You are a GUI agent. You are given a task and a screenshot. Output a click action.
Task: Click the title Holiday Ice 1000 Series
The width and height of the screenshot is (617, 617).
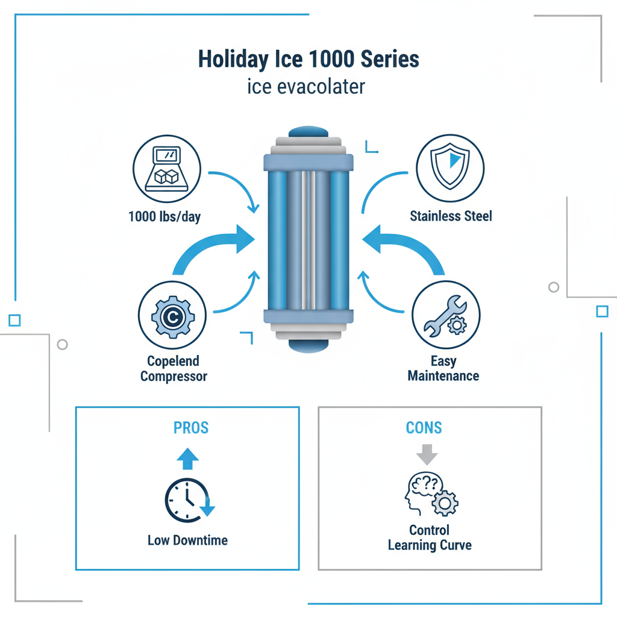click(308, 60)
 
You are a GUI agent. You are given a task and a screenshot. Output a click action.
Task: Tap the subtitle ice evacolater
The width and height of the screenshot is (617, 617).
click(306, 87)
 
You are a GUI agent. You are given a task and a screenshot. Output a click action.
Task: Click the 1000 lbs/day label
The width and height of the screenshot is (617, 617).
click(164, 216)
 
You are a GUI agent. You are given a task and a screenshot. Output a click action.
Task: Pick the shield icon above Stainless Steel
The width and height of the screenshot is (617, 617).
click(450, 168)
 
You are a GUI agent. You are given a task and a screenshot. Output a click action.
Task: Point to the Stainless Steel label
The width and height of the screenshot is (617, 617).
click(451, 216)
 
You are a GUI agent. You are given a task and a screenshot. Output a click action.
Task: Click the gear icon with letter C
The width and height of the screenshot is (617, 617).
click(173, 316)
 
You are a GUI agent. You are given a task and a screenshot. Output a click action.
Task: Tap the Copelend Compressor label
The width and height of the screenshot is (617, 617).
click(174, 369)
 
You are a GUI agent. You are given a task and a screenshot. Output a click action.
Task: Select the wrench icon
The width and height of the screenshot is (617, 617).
click(446, 316)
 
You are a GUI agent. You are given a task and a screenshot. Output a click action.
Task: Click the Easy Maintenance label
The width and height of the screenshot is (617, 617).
click(443, 369)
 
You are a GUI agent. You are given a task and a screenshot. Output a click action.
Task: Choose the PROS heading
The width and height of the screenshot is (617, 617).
click(190, 428)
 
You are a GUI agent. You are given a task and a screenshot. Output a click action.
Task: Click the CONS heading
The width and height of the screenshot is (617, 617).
click(424, 428)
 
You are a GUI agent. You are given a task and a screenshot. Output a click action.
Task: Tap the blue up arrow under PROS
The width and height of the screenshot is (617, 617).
click(187, 459)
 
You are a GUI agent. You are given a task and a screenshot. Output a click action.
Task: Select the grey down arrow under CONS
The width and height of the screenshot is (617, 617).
click(427, 455)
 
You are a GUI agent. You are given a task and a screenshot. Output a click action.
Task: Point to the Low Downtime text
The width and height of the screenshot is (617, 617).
click(187, 540)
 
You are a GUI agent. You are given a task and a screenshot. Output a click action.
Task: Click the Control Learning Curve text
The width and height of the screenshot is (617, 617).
click(430, 538)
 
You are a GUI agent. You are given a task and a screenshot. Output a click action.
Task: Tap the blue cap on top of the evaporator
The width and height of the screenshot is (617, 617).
click(308, 133)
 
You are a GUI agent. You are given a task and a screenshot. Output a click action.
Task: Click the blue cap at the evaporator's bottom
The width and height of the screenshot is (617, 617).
click(308, 345)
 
